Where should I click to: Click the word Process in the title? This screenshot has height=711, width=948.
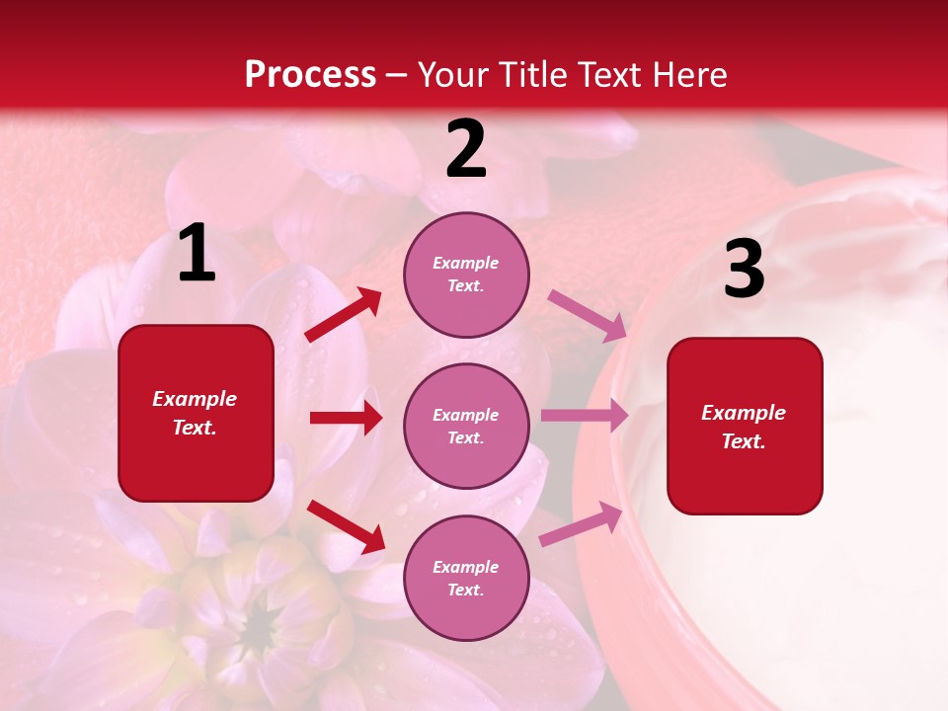point(310,75)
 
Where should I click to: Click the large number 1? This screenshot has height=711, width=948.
point(197,254)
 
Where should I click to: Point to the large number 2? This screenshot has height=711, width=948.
point(466,149)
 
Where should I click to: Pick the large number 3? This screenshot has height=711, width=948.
point(744,270)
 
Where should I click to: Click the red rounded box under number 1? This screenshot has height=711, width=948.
point(196,413)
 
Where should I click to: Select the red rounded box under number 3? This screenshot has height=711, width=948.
point(745,426)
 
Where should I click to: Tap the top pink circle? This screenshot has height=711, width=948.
point(466,275)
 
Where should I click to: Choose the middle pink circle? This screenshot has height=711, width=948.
point(466,426)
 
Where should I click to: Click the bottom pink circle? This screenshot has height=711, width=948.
point(466,578)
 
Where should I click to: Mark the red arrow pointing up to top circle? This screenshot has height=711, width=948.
point(344,315)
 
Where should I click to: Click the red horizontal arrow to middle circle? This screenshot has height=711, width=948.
point(346,418)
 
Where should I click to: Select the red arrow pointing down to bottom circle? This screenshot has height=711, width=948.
point(346,526)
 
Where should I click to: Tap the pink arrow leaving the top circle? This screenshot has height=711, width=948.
point(587,315)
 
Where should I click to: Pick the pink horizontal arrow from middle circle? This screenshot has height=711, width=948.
point(585,416)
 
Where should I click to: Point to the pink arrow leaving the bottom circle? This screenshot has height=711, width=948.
point(581,524)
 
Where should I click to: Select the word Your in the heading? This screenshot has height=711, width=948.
point(453,75)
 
